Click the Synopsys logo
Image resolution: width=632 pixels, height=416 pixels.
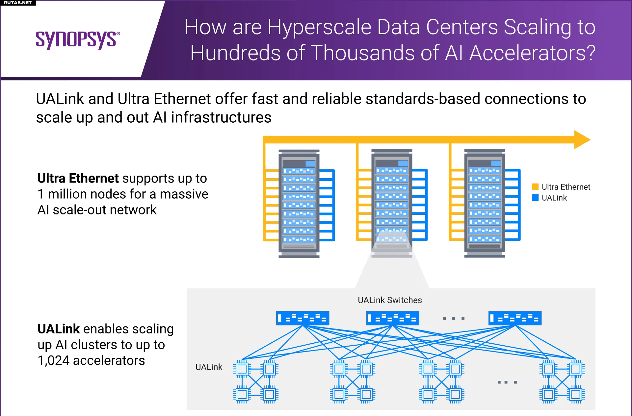pyautogui.click(x=78, y=40)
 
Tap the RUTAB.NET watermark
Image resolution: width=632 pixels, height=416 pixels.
pyautogui.click(x=18, y=3)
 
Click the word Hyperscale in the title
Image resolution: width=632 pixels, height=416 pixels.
pyautogui.click(x=319, y=27)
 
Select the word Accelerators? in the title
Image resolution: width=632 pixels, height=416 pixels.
pyautogui.click(x=532, y=53)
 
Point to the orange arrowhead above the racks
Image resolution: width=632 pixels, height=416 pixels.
pyautogui.click(x=582, y=140)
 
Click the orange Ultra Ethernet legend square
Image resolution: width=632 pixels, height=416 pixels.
pyautogui.click(x=535, y=187)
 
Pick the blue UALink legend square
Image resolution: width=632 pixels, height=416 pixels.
pyautogui.click(x=535, y=198)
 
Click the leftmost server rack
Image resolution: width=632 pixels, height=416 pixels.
pyautogui.click(x=299, y=204)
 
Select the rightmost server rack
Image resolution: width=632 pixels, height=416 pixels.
pyautogui.click(x=485, y=204)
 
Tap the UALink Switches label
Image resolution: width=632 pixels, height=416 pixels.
pyautogui.click(x=390, y=300)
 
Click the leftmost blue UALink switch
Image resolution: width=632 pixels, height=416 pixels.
pyautogui.click(x=303, y=318)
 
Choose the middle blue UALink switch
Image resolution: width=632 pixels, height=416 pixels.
pyautogui.click(x=392, y=318)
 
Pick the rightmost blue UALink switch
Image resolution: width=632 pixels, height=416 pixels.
pyautogui.click(x=515, y=318)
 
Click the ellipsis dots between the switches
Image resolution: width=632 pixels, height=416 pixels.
pyautogui.click(x=454, y=318)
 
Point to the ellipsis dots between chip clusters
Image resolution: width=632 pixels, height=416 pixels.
pyautogui.click(x=507, y=382)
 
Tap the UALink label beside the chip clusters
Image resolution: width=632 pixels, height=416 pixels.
pyautogui.click(x=209, y=367)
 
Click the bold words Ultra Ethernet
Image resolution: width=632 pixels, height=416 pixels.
pyautogui.click(x=78, y=178)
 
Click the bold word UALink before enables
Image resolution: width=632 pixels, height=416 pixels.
pyautogui.click(x=59, y=329)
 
